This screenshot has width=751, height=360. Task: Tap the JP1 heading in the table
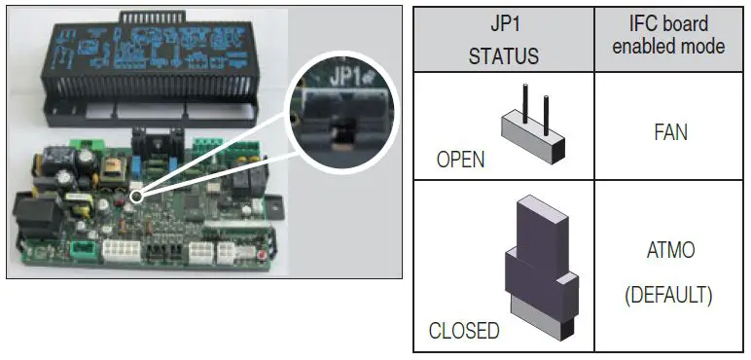point(503,24)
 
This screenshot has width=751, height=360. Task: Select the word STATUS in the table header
point(503,54)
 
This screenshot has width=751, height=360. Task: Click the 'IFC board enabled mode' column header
point(667,35)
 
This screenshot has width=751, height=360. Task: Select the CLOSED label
point(464,331)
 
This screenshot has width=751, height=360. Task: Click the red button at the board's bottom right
point(262,255)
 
